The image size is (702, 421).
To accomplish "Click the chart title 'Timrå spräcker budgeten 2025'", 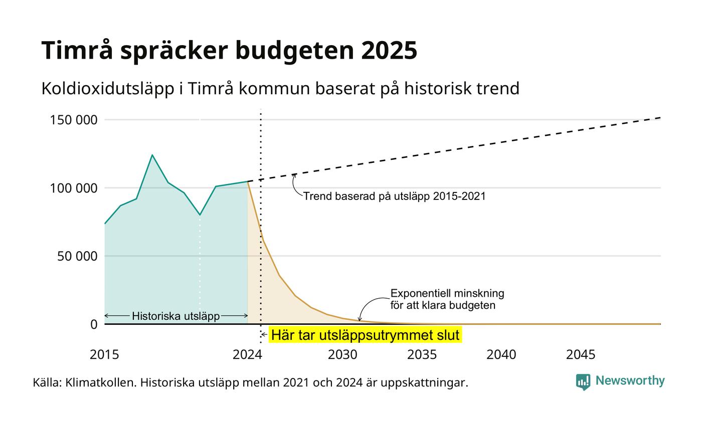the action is pyautogui.click(x=229, y=51).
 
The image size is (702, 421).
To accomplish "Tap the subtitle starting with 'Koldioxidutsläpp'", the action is pyautogui.click(x=280, y=88).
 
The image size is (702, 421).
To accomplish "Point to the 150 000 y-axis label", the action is pyautogui.click(x=74, y=120).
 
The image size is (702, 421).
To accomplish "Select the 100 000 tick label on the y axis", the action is pyautogui.click(x=74, y=188).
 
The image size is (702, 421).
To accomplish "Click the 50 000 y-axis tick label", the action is pyautogui.click(x=77, y=256).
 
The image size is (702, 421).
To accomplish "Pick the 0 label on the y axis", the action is pyautogui.click(x=94, y=325).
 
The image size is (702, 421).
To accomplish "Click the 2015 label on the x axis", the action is pyautogui.click(x=104, y=355).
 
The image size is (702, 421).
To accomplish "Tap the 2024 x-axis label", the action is pyautogui.click(x=247, y=355).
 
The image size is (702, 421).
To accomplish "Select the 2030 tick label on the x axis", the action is pyautogui.click(x=342, y=355).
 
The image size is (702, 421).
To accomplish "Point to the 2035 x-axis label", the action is pyautogui.click(x=422, y=355).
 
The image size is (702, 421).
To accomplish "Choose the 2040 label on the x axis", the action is pyautogui.click(x=501, y=355).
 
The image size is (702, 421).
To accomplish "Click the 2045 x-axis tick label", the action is pyautogui.click(x=581, y=355).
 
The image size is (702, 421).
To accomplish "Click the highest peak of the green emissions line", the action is pyautogui.click(x=152, y=155).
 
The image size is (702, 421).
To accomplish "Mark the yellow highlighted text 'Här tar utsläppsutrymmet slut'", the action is pyautogui.click(x=365, y=335).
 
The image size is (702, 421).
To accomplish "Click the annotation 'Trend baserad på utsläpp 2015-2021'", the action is pyautogui.click(x=394, y=196).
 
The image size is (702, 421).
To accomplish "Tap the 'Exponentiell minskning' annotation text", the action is pyautogui.click(x=447, y=294).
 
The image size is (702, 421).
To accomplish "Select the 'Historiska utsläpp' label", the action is pyautogui.click(x=176, y=316).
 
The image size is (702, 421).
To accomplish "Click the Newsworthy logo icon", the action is pyautogui.click(x=583, y=382).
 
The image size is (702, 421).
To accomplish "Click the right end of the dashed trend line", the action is pyautogui.click(x=661, y=118).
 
